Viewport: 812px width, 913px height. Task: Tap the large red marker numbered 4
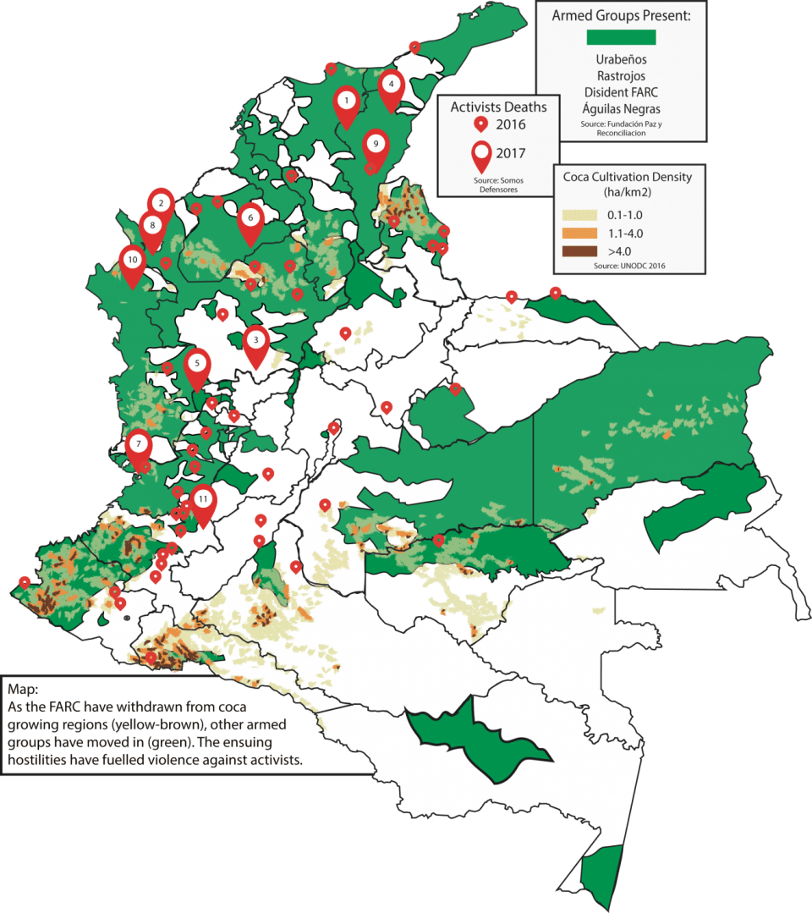tap(391, 85)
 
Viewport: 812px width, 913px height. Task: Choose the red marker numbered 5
tap(197, 364)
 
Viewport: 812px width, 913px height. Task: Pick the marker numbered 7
tap(138, 445)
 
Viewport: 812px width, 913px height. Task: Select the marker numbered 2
tap(160, 204)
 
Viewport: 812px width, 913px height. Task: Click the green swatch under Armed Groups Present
tap(621, 36)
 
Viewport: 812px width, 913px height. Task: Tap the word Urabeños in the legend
tap(621, 60)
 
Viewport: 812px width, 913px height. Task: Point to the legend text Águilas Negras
tap(621, 108)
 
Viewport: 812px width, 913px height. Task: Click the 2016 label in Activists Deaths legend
tap(511, 124)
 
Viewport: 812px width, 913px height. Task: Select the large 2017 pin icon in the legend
tap(483, 157)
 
